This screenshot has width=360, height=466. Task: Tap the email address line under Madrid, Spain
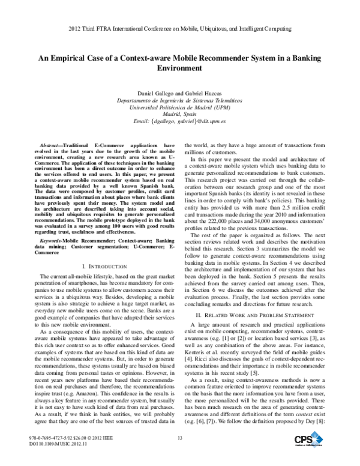[x=179, y=121]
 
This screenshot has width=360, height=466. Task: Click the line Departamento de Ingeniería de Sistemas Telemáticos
[x=179, y=100]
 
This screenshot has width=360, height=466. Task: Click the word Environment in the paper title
[x=179, y=68]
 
